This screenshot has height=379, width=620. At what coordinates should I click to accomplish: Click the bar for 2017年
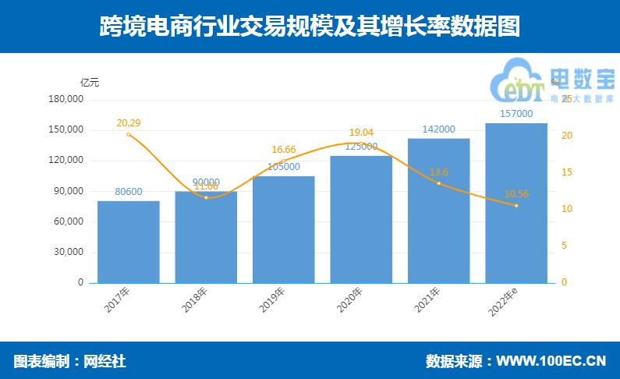pyautogui.click(x=129, y=242)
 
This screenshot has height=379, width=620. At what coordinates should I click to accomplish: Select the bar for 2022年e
pyautogui.click(x=516, y=203)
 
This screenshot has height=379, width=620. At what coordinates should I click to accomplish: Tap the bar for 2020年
pyautogui.click(x=361, y=219)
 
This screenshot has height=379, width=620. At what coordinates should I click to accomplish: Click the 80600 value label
pyautogui.click(x=129, y=192)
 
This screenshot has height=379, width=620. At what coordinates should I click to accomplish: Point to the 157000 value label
pyautogui.click(x=516, y=114)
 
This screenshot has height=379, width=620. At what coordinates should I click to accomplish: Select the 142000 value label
pyautogui.click(x=438, y=129)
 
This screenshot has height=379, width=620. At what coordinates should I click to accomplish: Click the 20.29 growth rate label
pyautogui.click(x=129, y=122)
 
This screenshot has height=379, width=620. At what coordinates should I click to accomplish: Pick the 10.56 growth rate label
pyautogui.click(x=516, y=193)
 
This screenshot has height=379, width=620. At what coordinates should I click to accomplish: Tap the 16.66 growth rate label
pyautogui.click(x=284, y=149)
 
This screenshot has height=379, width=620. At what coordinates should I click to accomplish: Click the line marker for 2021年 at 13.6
pyautogui.click(x=438, y=183)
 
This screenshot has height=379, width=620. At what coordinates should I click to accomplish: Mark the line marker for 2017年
pyautogui.click(x=129, y=134)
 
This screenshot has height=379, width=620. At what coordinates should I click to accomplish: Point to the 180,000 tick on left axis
pyautogui.click(x=66, y=100)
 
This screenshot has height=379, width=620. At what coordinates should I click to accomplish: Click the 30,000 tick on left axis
pyautogui.click(x=69, y=252)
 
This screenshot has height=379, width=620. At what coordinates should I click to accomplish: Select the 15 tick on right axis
pyautogui.click(x=566, y=172)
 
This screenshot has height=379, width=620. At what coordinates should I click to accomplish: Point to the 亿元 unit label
pyautogui.click(x=90, y=82)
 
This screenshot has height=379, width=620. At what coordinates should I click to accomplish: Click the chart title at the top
pyautogui.click(x=310, y=27)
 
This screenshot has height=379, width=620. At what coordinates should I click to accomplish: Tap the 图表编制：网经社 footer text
pyautogui.click(x=69, y=361)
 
